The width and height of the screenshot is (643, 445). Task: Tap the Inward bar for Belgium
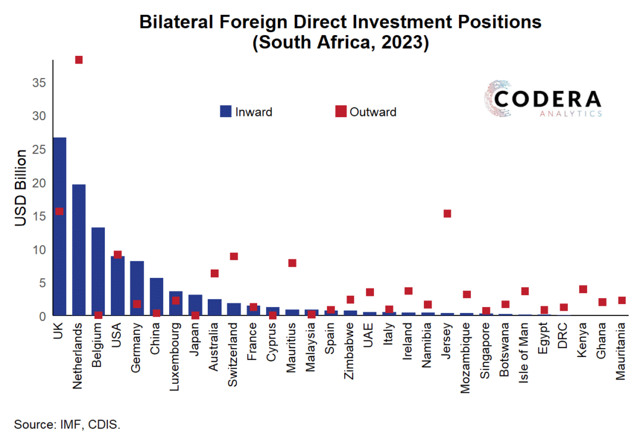[x=98, y=268]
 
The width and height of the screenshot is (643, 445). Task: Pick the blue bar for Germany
[x=137, y=286]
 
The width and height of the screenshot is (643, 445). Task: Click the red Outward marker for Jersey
[x=448, y=214]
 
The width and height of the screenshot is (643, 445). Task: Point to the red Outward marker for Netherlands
[x=79, y=59]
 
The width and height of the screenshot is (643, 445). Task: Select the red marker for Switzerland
[x=234, y=256]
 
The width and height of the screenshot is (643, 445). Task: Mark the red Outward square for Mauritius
[x=292, y=263]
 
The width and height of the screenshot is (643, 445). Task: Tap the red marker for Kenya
[x=583, y=289]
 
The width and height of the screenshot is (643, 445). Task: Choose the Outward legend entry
[x=366, y=112]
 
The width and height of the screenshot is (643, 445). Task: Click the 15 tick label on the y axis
[x=39, y=217]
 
